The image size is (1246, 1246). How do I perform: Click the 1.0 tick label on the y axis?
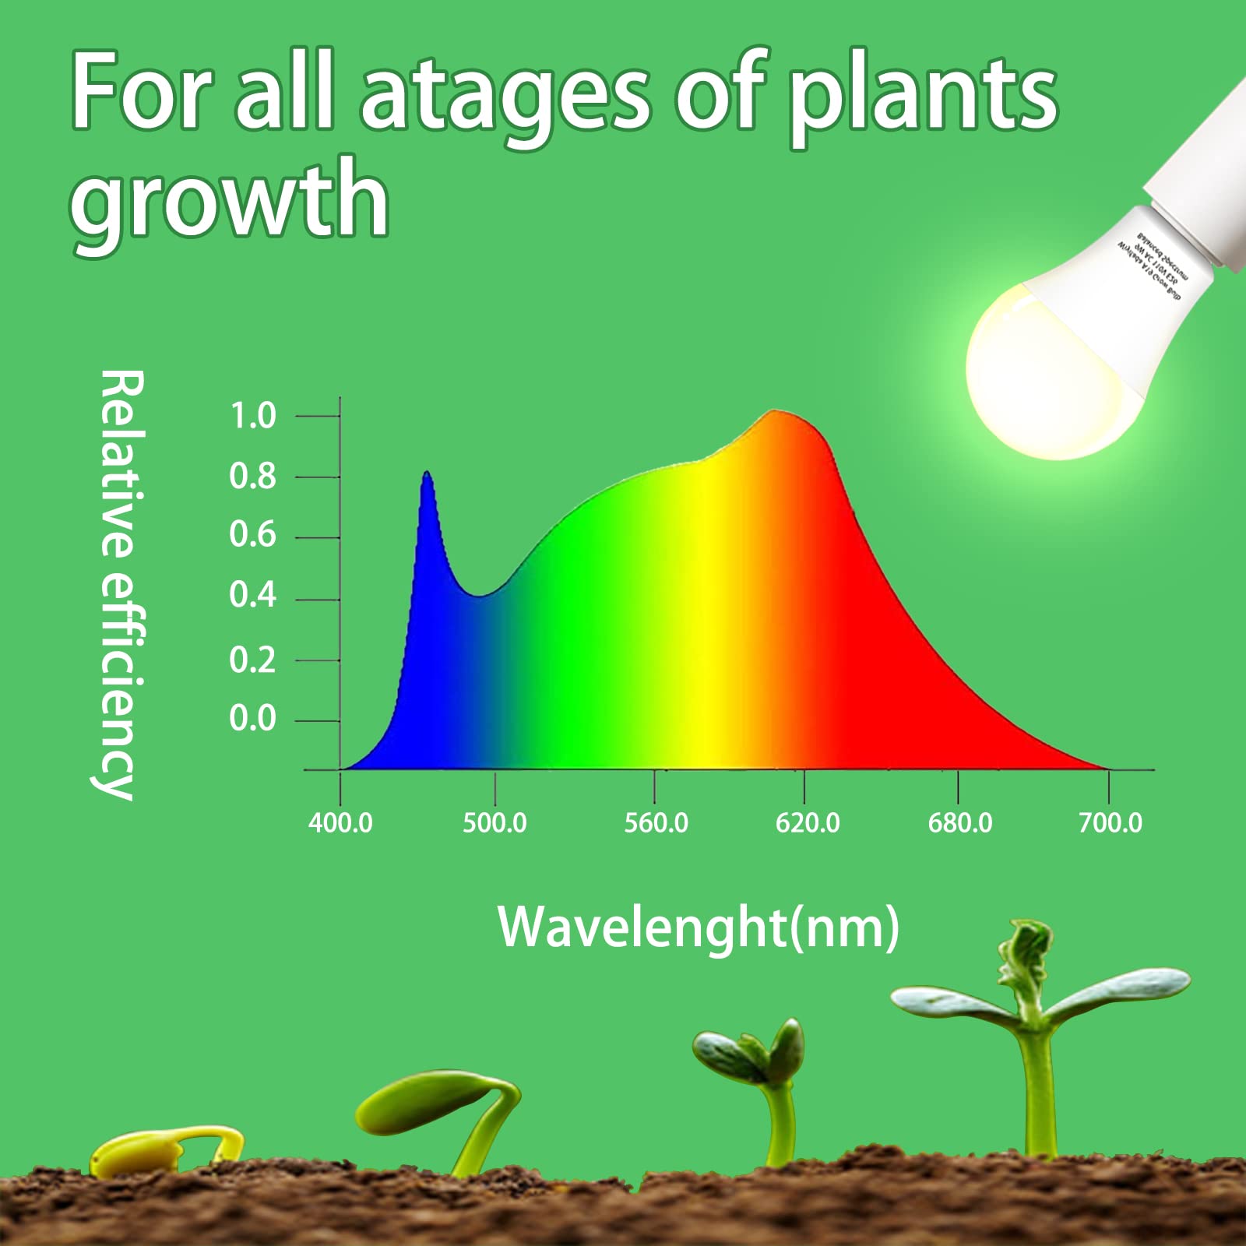(253, 416)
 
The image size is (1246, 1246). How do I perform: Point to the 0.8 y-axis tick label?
(253, 476)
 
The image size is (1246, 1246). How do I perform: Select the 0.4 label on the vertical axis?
(253, 596)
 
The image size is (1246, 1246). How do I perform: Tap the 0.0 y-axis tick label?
(253, 718)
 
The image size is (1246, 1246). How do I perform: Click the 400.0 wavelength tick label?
(340, 823)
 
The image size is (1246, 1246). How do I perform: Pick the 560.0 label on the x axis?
(656, 823)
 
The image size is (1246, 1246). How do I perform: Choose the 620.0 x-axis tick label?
(808, 823)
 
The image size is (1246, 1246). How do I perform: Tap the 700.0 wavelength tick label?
(1110, 823)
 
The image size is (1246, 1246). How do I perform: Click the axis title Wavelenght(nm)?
(699, 927)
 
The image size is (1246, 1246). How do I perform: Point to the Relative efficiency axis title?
(121, 584)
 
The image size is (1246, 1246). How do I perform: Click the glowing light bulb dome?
(1044, 374)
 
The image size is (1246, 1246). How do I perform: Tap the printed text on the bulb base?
(1153, 261)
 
